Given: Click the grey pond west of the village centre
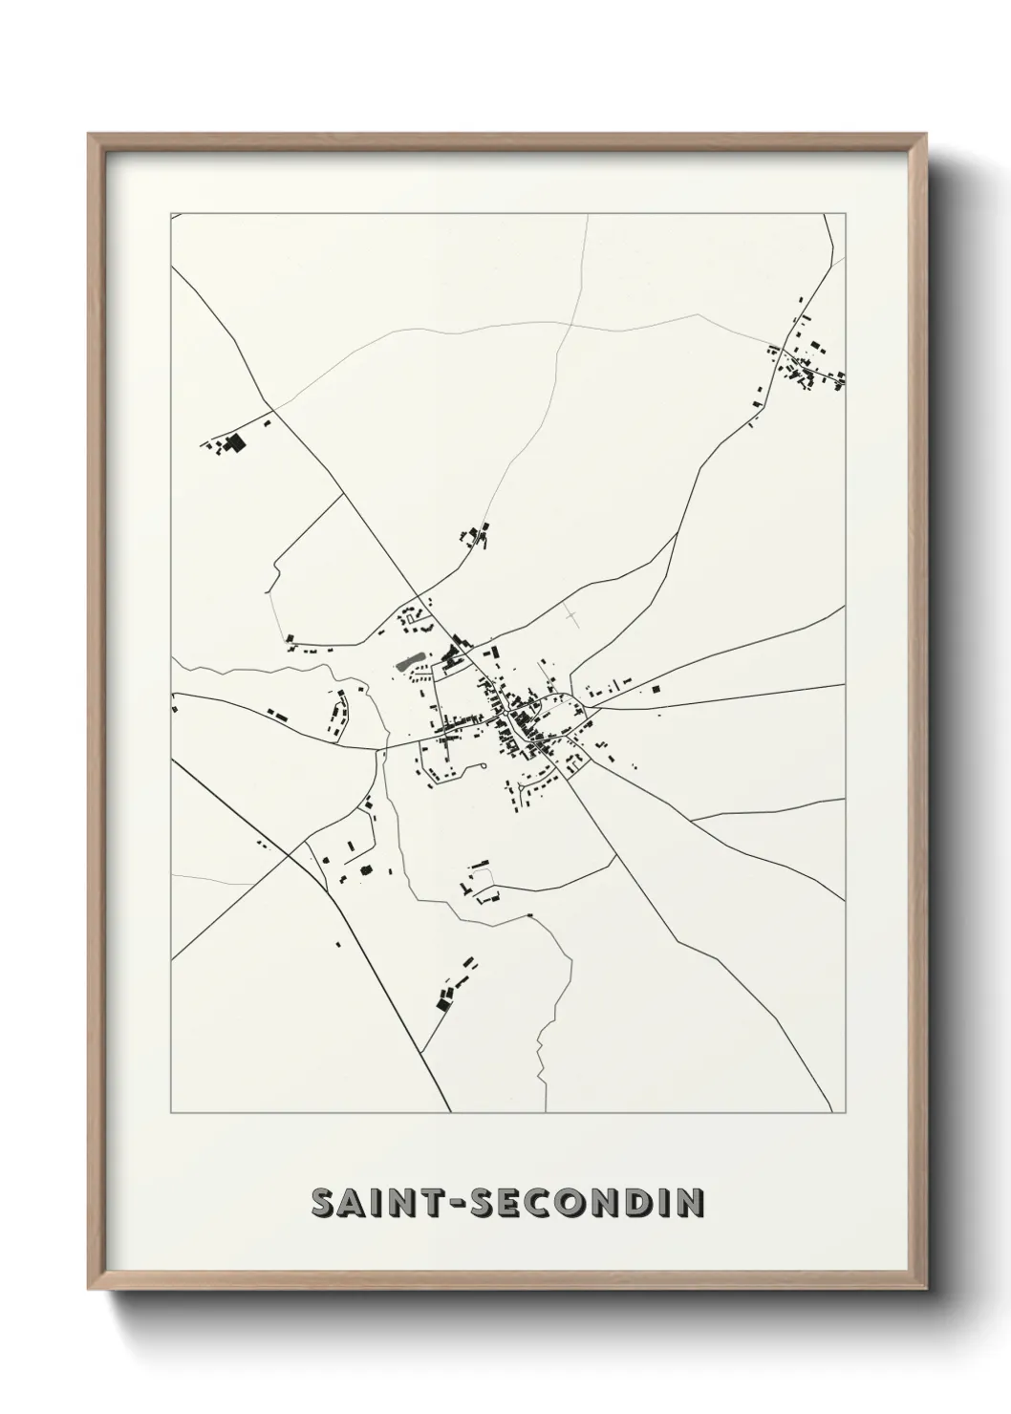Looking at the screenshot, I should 407,661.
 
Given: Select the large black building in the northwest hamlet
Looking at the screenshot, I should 233,442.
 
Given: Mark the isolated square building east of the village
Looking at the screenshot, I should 656,689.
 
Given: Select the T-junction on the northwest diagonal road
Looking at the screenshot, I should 343,494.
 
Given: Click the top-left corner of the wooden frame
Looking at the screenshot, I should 90,135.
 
